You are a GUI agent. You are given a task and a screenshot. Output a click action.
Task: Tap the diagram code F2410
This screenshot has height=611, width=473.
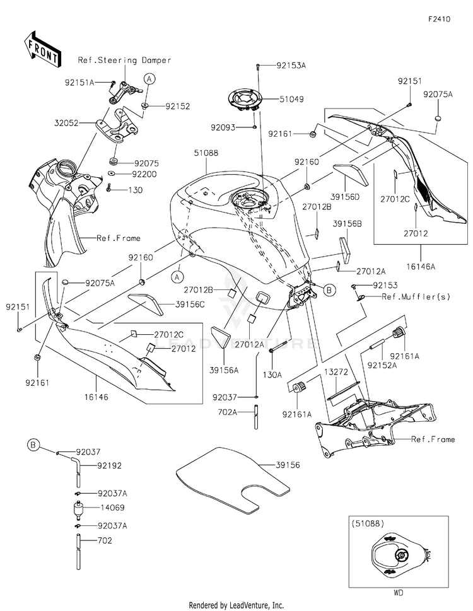coord(439,19)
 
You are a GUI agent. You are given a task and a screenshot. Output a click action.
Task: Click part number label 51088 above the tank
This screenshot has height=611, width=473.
coord(206,153)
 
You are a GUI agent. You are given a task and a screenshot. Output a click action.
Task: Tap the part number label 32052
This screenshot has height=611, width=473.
coord(66,123)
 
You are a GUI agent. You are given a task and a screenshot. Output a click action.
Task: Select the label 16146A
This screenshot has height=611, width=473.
coord(421,267)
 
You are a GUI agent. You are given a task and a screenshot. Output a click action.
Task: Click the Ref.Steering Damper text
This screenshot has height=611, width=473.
coord(125,61)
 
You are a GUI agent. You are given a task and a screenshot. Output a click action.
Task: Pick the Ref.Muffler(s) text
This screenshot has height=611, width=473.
coord(416,297)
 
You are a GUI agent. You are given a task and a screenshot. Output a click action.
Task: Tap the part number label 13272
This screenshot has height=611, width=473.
coord(336,372)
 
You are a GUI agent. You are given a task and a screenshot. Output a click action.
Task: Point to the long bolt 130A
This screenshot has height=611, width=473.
coord(277,346)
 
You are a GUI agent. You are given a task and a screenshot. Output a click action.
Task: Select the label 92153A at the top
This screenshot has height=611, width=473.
coord(291,66)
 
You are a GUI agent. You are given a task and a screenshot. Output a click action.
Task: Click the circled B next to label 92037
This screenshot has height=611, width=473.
coord(33,445)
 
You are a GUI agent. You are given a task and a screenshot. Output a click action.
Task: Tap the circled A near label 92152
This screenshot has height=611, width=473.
coord(150,79)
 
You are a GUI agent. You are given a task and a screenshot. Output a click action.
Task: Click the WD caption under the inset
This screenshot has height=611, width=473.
coord(398,593)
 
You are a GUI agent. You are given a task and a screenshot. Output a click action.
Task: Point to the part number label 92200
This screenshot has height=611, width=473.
coord(144,174)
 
